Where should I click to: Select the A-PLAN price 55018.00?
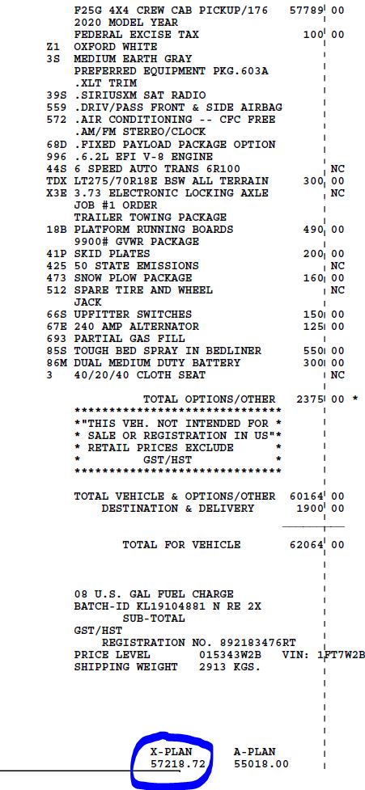[x=261, y=763]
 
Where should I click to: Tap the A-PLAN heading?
[x=254, y=751]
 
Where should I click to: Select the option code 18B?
[x=56, y=230]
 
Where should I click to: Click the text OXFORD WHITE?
[x=116, y=48]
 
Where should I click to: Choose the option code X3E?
[x=56, y=193]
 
